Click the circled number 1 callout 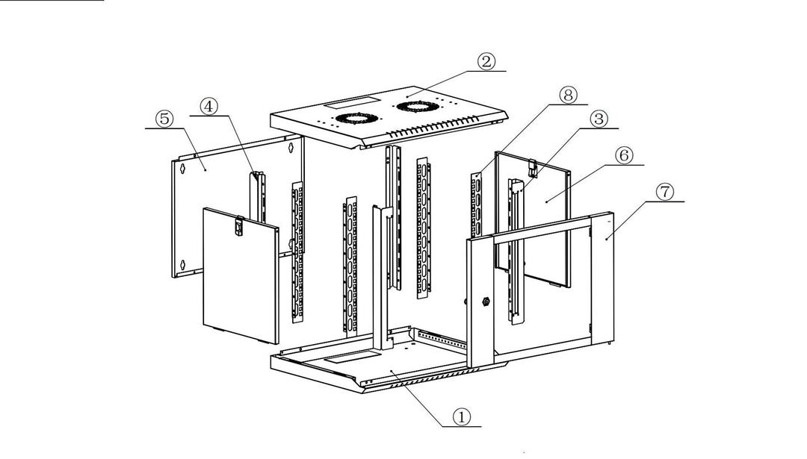click(x=461, y=416)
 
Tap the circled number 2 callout click(x=486, y=62)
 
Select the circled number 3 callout click(x=598, y=119)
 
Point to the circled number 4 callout click(x=208, y=107)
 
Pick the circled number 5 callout click(x=164, y=119)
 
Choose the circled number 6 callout click(x=624, y=155)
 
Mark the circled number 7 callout click(x=664, y=192)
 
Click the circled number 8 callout click(x=568, y=95)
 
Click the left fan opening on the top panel click(x=356, y=119)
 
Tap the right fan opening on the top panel click(x=418, y=107)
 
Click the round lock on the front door click(x=485, y=302)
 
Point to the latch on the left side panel click(x=239, y=225)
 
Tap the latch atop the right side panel click(x=534, y=168)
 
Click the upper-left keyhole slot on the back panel click(x=182, y=168)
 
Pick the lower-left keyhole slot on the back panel click(x=182, y=265)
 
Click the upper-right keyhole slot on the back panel click(x=291, y=148)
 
